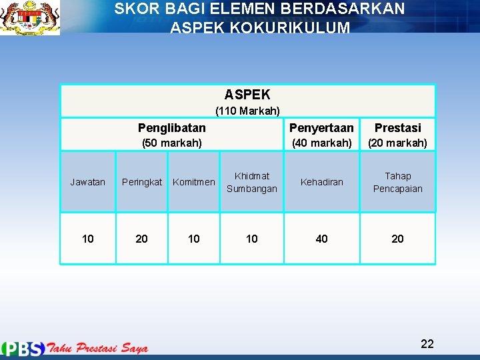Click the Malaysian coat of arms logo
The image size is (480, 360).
coord(30,18)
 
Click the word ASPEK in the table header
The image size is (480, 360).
coord(247,95)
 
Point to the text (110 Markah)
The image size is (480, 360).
coord(247,111)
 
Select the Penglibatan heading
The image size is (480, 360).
coord(172,127)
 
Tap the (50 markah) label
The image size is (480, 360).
coord(173,143)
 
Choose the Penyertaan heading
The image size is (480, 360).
coord(321,127)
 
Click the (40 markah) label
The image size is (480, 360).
coord(322,143)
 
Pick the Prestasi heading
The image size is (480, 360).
coord(398,127)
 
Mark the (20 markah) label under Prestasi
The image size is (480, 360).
coord(398,143)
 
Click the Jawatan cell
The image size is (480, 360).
coord(87,182)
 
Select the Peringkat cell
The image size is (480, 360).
coord(141,182)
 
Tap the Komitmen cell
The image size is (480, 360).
coord(194,182)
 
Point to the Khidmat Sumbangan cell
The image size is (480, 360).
coord(252,182)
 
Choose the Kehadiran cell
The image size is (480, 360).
coord(322,182)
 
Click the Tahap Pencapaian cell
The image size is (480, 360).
coord(398,182)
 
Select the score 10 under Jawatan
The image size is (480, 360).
coord(87,239)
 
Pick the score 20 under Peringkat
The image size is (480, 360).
coord(141,239)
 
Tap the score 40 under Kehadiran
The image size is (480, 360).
coord(322,239)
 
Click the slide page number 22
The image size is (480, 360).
coord(427,344)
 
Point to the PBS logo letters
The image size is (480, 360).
coord(24,348)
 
